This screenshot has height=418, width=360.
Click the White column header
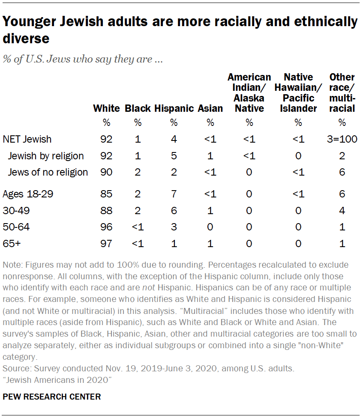[x=106, y=109]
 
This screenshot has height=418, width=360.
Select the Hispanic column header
[x=174, y=109]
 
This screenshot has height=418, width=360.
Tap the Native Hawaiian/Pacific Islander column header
[x=298, y=93]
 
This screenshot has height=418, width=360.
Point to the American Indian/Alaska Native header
[x=249, y=93]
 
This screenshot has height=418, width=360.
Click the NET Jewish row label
[x=27, y=139]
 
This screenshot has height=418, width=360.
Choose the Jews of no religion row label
[x=48, y=172]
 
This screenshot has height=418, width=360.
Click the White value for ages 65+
[x=106, y=244]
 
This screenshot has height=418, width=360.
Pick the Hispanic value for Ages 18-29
[x=174, y=194]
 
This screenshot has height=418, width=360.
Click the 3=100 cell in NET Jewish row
[x=342, y=139]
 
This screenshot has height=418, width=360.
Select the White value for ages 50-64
[x=106, y=227]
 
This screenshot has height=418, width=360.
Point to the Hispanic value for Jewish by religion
[x=174, y=156]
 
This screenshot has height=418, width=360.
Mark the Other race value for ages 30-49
[x=342, y=211]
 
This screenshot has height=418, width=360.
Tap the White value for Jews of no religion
[x=106, y=172]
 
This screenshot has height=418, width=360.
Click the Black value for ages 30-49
[x=138, y=211]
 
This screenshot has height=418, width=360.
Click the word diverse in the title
[x=26, y=39]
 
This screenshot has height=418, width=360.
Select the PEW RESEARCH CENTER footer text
[x=52, y=397]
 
